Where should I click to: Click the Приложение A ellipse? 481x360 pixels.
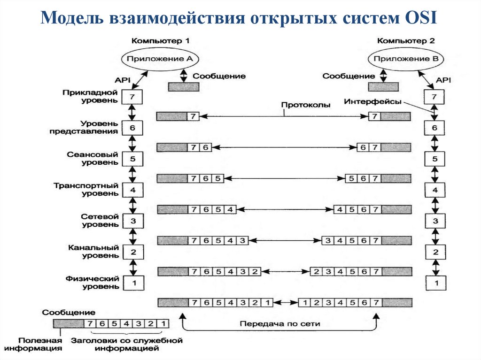(160, 59)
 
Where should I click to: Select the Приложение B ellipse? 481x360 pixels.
(403, 59)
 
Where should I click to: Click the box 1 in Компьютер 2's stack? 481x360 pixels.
(434, 283)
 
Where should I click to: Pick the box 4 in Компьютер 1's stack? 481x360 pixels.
(132, 190)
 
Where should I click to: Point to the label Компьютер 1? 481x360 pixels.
(160, 41)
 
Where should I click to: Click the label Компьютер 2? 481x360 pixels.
(406, 41)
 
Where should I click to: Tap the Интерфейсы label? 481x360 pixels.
(372, 101)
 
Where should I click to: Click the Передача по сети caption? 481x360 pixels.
(280, 323)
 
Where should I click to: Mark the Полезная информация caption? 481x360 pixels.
(33, 344)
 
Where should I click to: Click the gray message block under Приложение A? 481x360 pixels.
(184, 87)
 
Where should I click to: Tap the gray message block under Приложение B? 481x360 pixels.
(383, 87)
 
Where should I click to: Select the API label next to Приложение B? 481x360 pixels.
(443, 80)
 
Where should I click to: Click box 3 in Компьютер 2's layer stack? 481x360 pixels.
(434, 221)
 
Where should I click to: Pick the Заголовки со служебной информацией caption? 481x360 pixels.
(126, 344)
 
